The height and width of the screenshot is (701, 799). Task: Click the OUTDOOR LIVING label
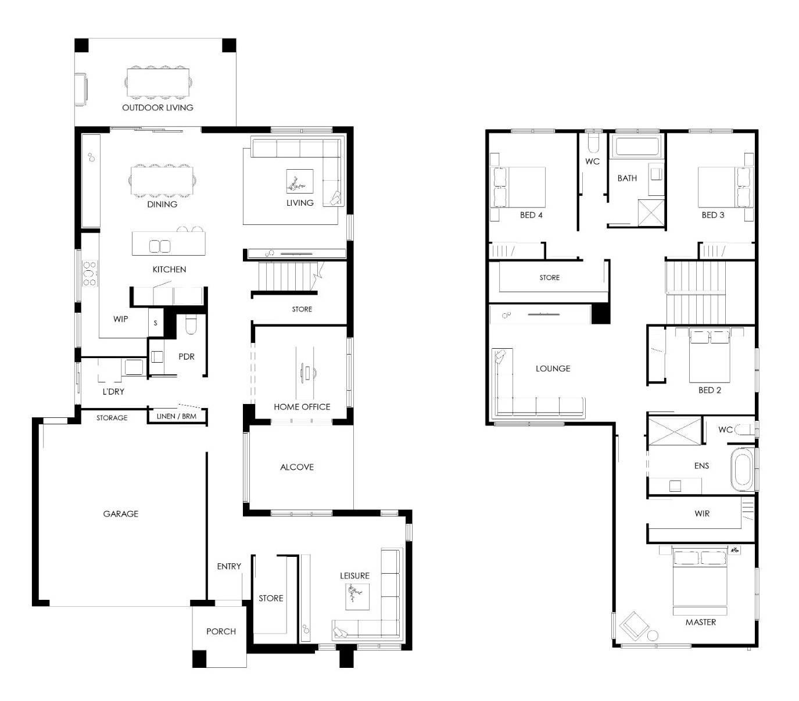[157, 108]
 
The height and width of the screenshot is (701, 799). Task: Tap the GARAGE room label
[121, 514]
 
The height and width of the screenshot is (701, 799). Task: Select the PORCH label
[221, 631]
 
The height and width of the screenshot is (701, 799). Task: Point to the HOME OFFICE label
[302, 407]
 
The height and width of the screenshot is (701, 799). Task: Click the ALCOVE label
[296, 467]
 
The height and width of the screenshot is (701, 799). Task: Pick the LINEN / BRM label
[176, 416]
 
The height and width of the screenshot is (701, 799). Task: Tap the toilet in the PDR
[191, 325]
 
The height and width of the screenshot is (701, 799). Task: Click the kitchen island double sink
[160, 246]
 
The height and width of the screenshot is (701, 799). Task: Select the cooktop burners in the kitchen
[89, 273]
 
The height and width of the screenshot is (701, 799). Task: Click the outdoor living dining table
[157, 83]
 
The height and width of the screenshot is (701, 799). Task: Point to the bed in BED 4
[517, 187]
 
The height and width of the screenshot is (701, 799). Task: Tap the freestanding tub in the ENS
[742, 470]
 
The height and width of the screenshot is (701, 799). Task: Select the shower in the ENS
[675, 431]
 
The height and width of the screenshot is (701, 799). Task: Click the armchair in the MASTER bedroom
[634, 625]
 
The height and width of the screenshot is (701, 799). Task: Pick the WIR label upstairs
[702, 514]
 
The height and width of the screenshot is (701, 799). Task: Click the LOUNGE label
[553, 369]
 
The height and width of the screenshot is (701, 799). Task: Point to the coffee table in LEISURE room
[357, 596]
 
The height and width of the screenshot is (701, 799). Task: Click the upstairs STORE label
[549, 278]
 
